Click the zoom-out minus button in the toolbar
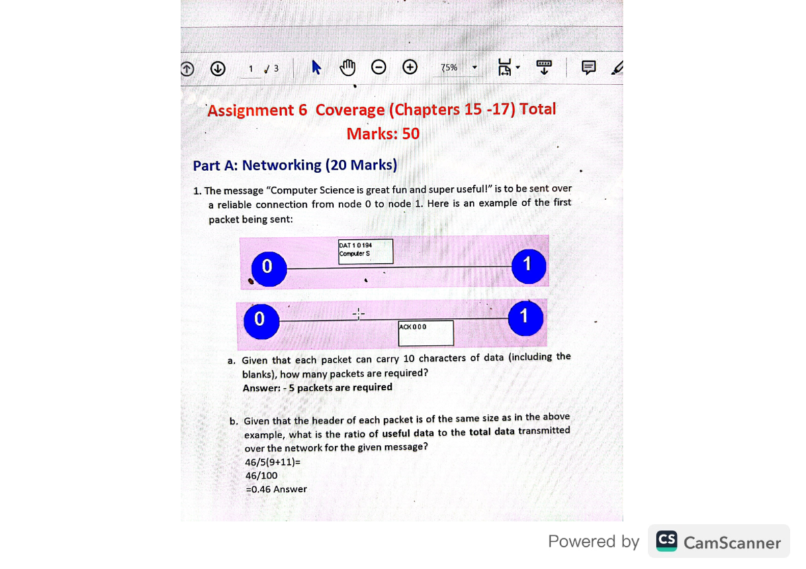tap(379, 67)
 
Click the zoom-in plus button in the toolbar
tap(410, 67)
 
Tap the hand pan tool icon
tap(347, 67)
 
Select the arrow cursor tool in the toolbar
tap(316, 67)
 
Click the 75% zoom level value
tap(449, 68)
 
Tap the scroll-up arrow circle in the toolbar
tap(187, 68)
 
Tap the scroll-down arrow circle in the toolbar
tap(218, 68)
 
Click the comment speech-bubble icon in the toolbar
tap(588, 67)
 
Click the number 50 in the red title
tap(410, 134)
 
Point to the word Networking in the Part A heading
tap(281, 165)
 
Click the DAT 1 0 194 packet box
tap(365, 252)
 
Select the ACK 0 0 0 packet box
tap(425, 332)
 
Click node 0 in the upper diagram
tap(269, 267)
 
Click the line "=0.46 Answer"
tap(276, 489)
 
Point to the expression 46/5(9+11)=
tap(273, 462)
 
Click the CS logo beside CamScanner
tap(666, 541)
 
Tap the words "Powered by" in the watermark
tap(593, 541)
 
